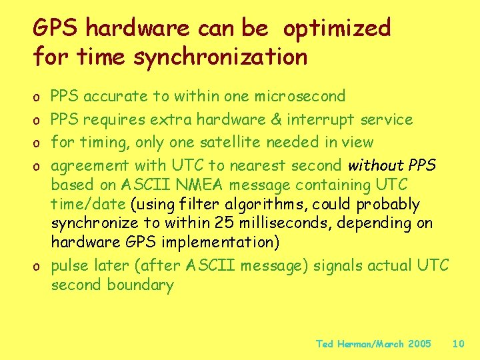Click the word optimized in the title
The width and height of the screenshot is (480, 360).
coord(337,29)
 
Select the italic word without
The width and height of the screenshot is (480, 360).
coord(375,165)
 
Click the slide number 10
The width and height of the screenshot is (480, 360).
coord(458,344)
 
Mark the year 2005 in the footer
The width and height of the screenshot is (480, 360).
coord(419,344)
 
